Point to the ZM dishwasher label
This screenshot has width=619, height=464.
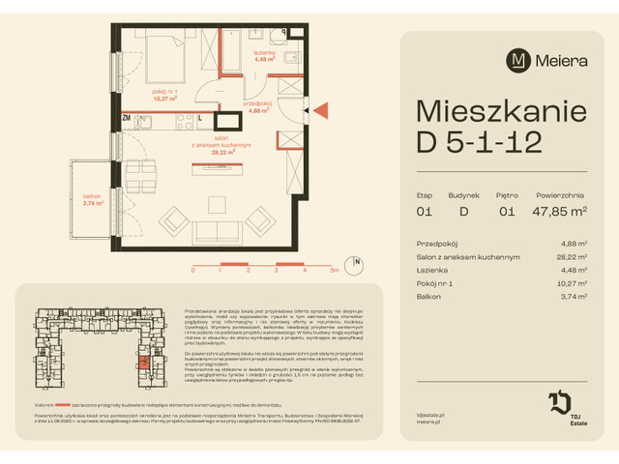point(127,118)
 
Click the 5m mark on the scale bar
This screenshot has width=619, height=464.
point(334,272)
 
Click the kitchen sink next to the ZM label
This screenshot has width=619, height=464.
point(145,120)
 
